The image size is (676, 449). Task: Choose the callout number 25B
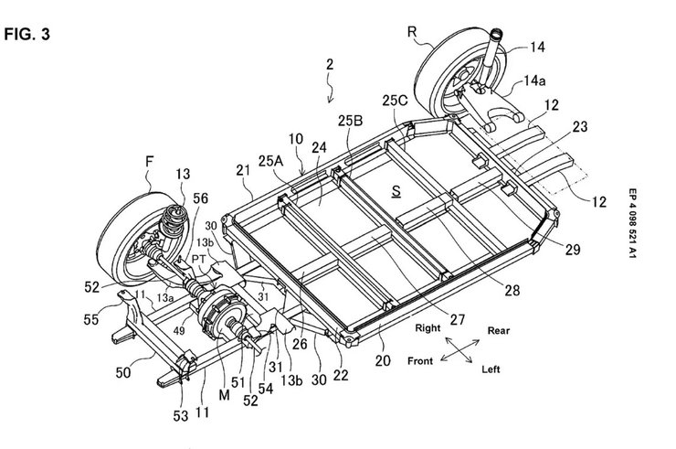(x=350, y=120)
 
